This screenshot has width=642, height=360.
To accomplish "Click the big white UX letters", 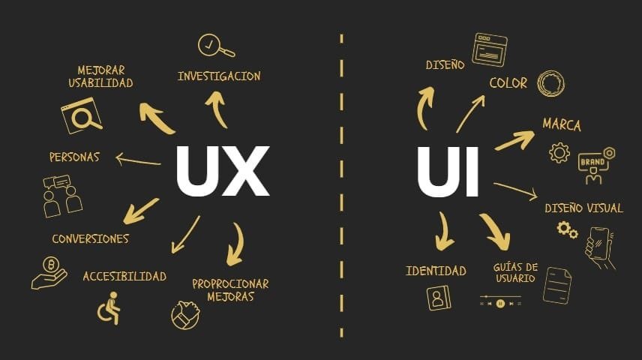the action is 223,171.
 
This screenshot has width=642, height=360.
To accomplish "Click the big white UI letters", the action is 448,172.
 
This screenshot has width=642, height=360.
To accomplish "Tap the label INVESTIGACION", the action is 219,76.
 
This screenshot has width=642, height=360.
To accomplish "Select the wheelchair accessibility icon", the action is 109,308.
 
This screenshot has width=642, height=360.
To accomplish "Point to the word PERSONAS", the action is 74,157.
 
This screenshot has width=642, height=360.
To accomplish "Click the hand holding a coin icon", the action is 49,273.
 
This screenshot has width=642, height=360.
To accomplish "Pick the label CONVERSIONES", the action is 91,238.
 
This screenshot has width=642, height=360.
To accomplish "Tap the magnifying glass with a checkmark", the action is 216,46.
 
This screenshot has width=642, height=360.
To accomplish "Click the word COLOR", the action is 508,83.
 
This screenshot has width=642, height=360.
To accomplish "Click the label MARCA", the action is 562,124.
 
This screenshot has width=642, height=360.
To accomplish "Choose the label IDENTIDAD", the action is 436,271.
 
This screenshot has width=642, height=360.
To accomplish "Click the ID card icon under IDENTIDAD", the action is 439,298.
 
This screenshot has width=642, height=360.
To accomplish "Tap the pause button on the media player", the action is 500,304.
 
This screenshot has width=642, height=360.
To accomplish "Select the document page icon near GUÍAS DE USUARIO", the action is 556,286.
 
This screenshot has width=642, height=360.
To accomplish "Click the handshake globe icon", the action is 186,315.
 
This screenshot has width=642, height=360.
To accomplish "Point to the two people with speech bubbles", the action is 62,196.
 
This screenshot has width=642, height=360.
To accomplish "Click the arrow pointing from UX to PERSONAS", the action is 138,160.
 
